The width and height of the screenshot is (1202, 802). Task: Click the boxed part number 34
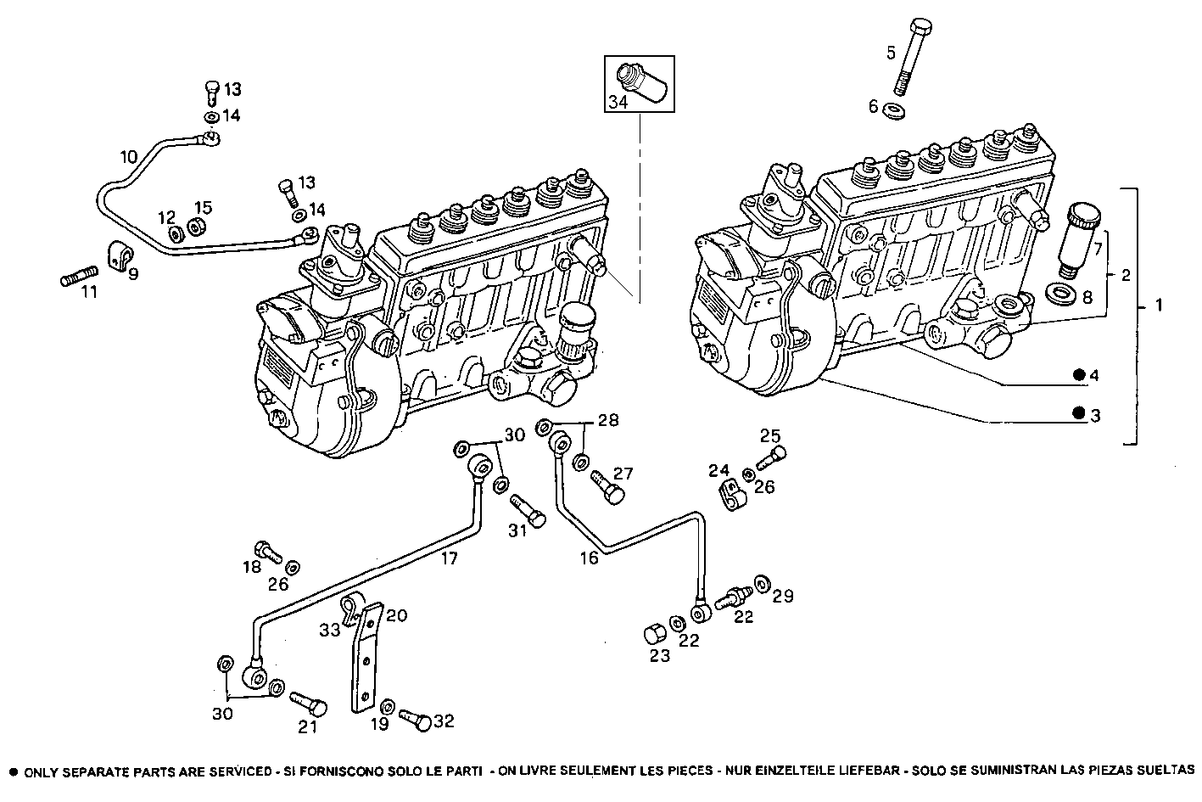point(617,103)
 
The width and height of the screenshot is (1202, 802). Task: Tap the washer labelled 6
point(892,109)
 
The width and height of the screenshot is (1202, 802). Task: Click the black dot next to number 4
point(1079,375)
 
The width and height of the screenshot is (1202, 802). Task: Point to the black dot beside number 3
point(1079,414)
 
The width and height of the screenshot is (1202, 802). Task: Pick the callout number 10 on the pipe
point(128,156)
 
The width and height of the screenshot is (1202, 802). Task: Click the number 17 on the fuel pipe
point(449,558)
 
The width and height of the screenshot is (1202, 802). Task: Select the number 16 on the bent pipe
point(589,557)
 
